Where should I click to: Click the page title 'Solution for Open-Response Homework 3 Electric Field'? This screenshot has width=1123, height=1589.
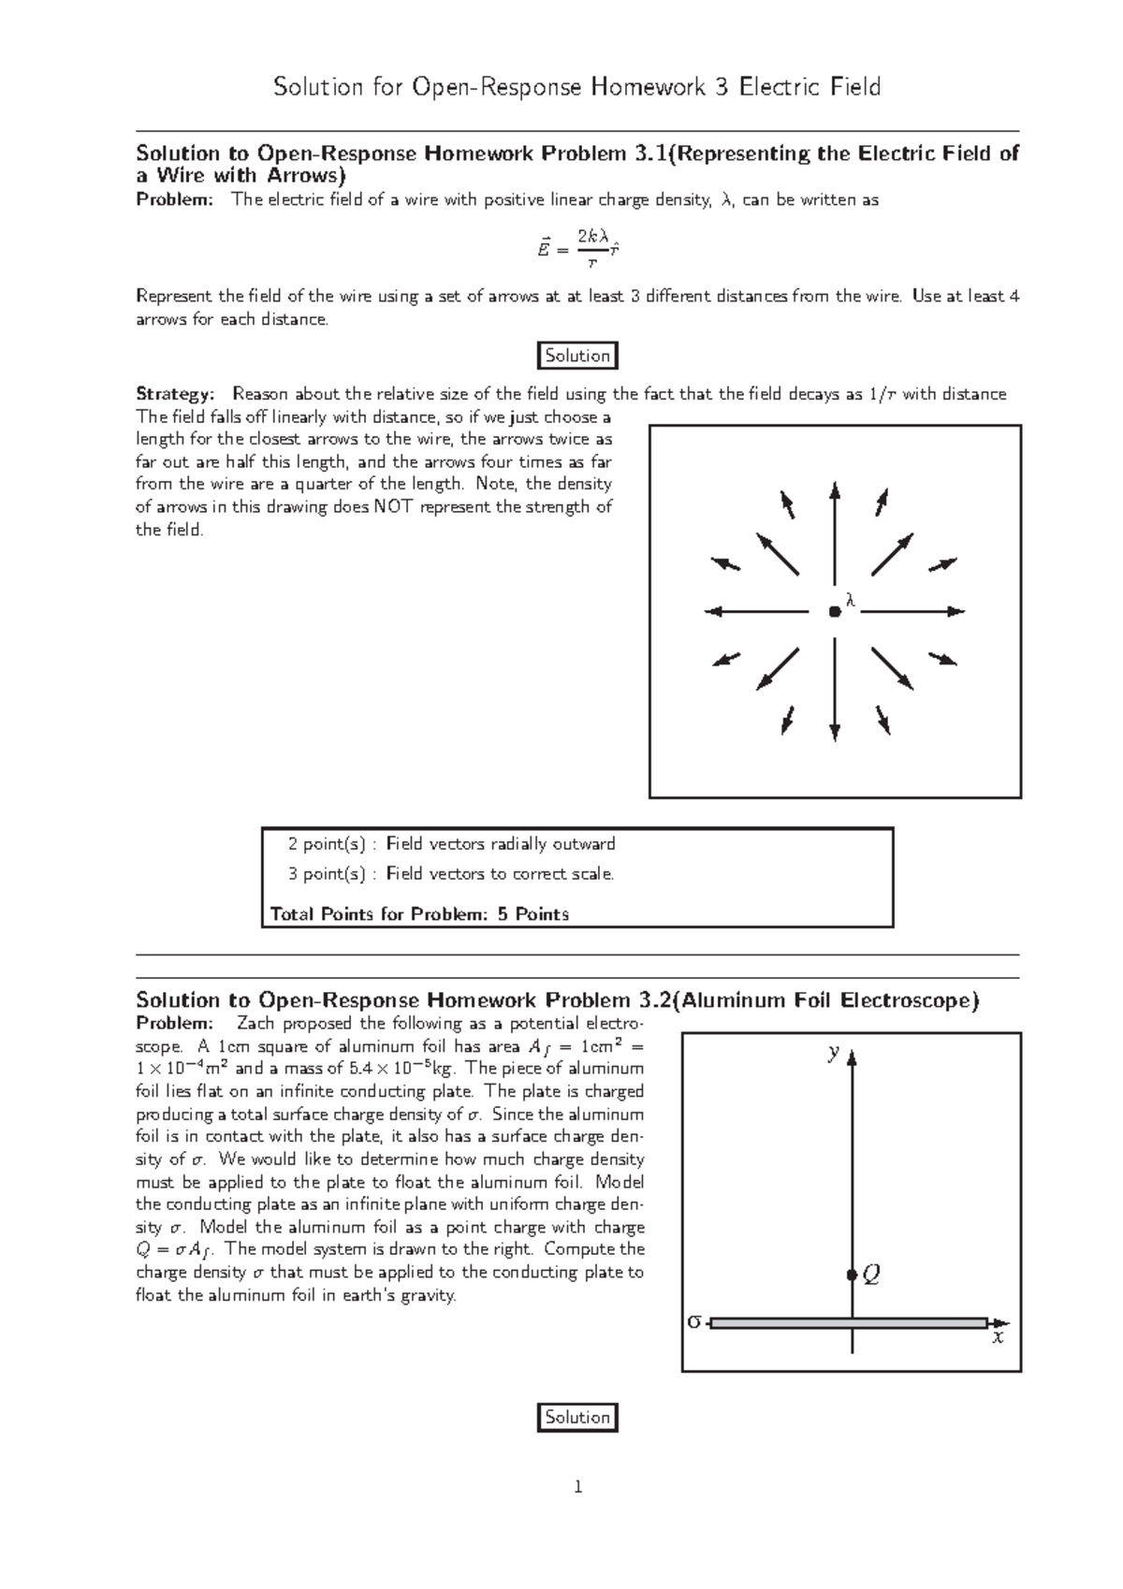(x=576, y=88)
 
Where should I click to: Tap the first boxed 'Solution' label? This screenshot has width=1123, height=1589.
(x=577, y=356)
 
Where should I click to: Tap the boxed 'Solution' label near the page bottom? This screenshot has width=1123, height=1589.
(x=577, y=1417)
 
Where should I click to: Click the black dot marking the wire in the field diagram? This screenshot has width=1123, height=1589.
(x=834, y=612)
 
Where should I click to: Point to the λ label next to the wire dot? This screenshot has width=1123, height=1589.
(x=850, y=600)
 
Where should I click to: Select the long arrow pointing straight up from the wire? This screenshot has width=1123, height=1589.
(x=834, y=533)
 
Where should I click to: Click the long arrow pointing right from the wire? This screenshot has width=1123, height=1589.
(x=912, y=612)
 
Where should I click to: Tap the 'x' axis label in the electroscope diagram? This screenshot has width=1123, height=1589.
(x=998, y=1338)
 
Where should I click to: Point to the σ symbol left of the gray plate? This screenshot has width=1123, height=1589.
(x=693, y=1322)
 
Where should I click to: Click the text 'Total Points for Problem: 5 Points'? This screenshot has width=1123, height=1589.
(x=419, y=914)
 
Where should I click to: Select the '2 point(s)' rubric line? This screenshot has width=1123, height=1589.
(x=452, y=844)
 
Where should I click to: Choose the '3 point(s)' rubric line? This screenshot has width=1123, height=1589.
(x=452, y=874)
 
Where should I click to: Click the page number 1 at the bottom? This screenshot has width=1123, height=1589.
(x=578, y=1487)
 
